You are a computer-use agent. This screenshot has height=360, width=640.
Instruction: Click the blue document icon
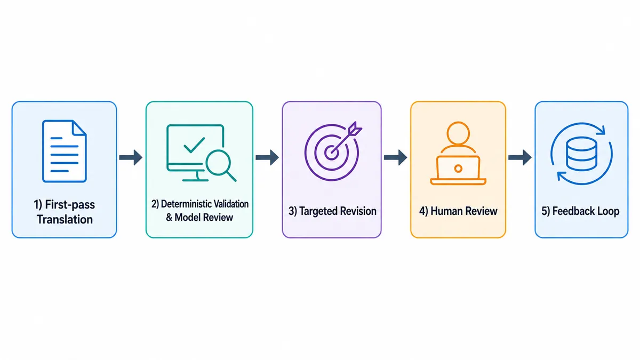pyautogui.click(x=65, y=151)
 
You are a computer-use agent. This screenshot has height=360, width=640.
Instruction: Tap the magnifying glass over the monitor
pyautogui.click(x=220, y=165)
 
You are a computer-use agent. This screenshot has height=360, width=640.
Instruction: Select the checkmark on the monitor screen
pyautogui.click(x=194, y=145)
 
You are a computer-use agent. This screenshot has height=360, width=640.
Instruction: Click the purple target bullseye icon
pyautogui.click(x=331, y=153)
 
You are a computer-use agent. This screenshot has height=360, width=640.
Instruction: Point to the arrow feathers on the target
pyautogui.click(x=355, y=127)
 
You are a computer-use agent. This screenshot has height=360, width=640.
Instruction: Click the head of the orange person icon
pyautogui.click(x=458, y=133)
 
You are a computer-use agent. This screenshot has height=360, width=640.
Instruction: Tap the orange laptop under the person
pyautogui.click(x=458, y=170)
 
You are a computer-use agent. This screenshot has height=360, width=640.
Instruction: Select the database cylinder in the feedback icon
pyautogui.click(x=581, y=154)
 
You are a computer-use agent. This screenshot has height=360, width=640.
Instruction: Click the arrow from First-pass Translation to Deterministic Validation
pyautogui.click(x=131, y=157)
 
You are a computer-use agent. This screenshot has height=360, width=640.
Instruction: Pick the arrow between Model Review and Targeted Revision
pyautogui.click(x=267, y=157)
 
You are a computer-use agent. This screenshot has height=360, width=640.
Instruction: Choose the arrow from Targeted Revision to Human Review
pyautogui.click(x=395, y=157)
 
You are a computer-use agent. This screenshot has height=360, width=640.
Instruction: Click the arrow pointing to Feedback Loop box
pyautogui.click(x=519, y=157)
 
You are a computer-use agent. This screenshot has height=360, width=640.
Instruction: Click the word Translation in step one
pyautogui.click(x=65, y=219)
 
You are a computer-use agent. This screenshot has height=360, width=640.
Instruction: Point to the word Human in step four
pyautogui.click(x=445, y=211)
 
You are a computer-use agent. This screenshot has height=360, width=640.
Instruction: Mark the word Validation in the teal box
pyautogui.click(x=231, y=204)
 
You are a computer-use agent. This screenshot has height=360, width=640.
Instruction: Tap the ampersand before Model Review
pyautogui.click(x=169, y=218)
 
